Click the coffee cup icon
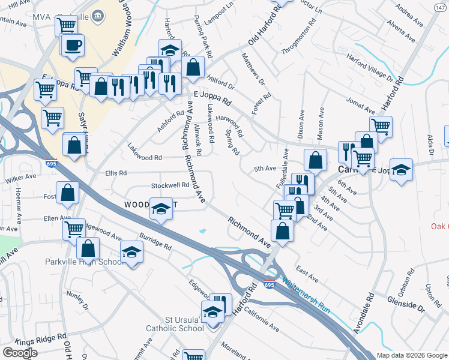coord(73,45)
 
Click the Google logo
coord(20,353)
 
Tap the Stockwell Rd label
coord(170,185)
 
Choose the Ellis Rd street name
coord(116,173)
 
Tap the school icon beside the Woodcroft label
coord(161,208)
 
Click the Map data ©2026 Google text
coord(412,355)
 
